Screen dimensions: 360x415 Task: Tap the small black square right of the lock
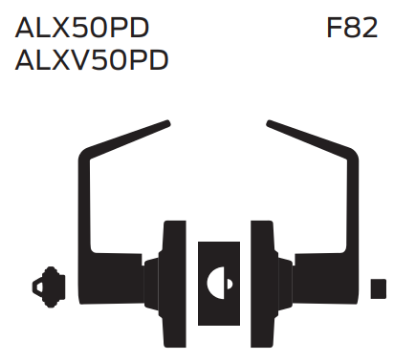coord(377,289)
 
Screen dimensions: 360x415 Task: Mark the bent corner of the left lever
coord(86,160)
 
